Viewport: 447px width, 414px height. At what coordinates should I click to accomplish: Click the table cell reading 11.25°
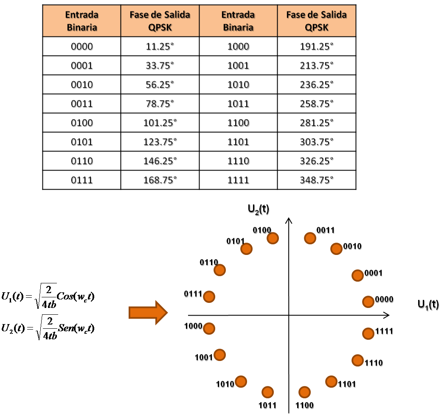160,47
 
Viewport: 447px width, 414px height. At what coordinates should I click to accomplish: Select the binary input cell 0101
82,142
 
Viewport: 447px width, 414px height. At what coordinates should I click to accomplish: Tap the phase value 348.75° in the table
316,180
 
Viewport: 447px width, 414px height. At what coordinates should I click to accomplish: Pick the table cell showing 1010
239,85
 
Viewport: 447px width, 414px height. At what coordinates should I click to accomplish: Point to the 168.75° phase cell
160,180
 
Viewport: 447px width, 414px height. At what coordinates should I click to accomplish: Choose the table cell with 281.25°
316,123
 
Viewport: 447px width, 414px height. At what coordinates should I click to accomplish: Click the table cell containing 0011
82,104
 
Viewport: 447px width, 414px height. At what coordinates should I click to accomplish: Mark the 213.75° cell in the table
316,66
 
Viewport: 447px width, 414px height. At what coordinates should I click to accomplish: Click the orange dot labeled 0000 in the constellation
368,302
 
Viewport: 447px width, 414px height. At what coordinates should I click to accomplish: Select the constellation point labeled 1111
368,333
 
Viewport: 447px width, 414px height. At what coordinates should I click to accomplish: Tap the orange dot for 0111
209,297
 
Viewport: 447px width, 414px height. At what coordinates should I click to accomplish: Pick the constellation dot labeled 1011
267,392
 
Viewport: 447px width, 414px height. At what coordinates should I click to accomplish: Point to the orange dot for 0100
273,238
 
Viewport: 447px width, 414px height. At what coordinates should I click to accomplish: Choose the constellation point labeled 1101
331,381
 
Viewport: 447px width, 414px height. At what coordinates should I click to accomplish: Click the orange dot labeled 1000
209,328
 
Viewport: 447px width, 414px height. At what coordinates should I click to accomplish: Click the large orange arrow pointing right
148,313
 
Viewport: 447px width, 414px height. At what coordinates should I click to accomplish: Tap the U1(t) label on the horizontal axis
428,305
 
